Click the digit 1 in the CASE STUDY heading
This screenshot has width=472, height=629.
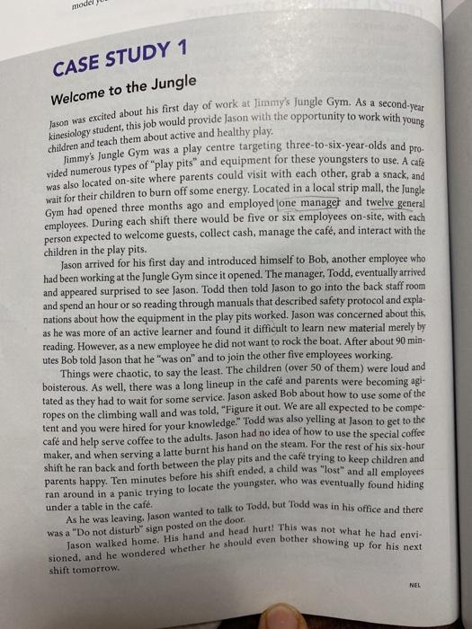click(x=184, y=49)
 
